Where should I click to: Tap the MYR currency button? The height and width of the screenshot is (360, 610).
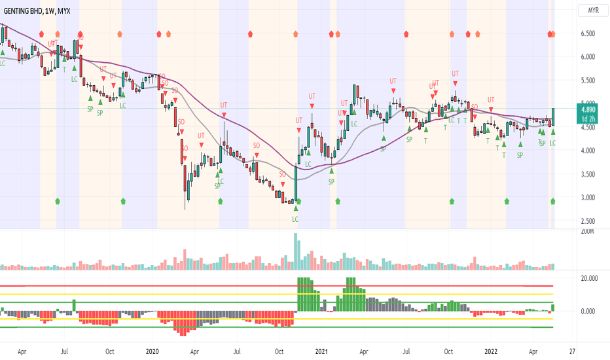coord(594,10)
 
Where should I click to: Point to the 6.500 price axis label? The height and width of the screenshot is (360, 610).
coord(588,33)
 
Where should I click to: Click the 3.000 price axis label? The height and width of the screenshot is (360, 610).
coord(588,198)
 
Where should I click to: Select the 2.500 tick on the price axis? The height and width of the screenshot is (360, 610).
coord(588,221)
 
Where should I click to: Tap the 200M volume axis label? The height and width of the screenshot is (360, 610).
coord(587,232)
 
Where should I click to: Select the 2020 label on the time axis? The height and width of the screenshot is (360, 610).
coord(152,351)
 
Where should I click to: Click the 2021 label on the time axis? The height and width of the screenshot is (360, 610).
coord(321,351)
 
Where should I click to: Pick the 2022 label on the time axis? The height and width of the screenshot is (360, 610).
coord(491,351)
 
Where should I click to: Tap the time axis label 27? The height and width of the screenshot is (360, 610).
coord(573,351)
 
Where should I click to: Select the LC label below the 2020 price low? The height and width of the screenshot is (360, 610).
coord(295,219)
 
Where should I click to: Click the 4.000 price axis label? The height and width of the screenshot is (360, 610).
coord(588,151)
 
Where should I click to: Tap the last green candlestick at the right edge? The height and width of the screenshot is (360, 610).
coord(553,117)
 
